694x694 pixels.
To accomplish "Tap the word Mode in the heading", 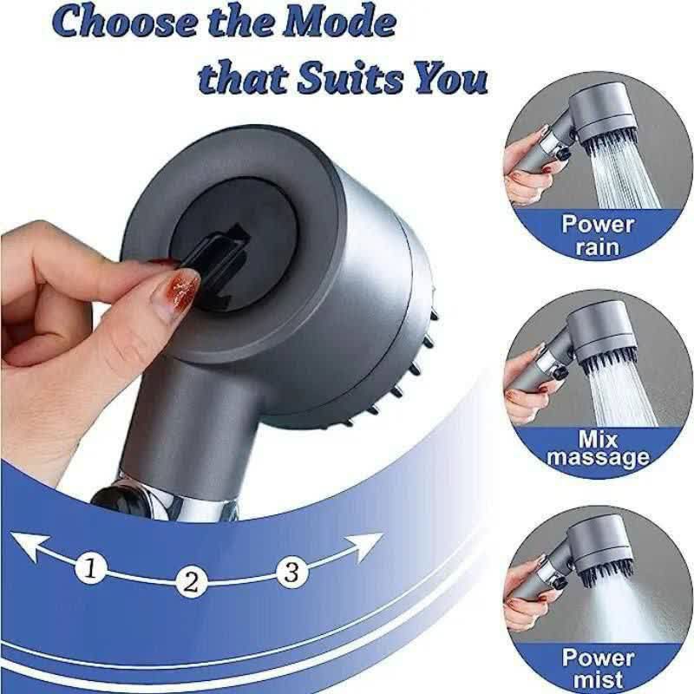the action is pos(340,23).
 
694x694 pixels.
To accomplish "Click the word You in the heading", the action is pos(449,79).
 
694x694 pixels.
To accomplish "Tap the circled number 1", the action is pos(90,568).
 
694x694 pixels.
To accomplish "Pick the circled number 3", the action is pos(291,572).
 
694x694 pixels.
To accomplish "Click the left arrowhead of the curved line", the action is pos(28,546).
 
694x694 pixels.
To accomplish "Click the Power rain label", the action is pos(597,235).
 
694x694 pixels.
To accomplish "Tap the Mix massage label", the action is pos(597,448).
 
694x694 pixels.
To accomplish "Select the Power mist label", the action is pos(597,667).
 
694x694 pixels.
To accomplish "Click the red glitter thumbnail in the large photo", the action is pos(180,288).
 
